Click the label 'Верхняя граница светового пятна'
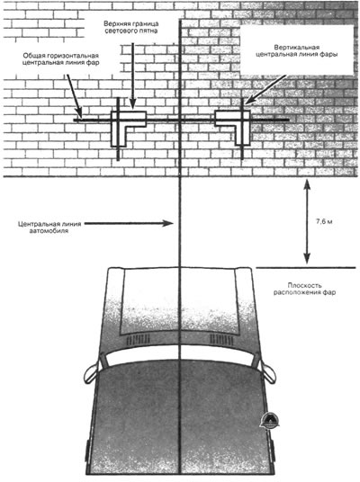point(131,27)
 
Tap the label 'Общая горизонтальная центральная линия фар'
point(60,59)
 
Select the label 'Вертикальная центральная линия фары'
point(297,50)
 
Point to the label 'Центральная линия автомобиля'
point(49,228)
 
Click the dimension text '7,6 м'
point(324,221)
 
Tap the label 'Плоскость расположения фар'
point(304,289)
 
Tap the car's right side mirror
point(267,372)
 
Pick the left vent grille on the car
point(138,340)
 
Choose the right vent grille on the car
point(221,340)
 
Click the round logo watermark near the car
point(269,420)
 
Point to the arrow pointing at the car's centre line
point(129,224)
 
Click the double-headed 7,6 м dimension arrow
point(307,222)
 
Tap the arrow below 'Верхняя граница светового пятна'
point(132,76)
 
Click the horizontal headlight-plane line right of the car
point(306,268)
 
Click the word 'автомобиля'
point(49,231)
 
